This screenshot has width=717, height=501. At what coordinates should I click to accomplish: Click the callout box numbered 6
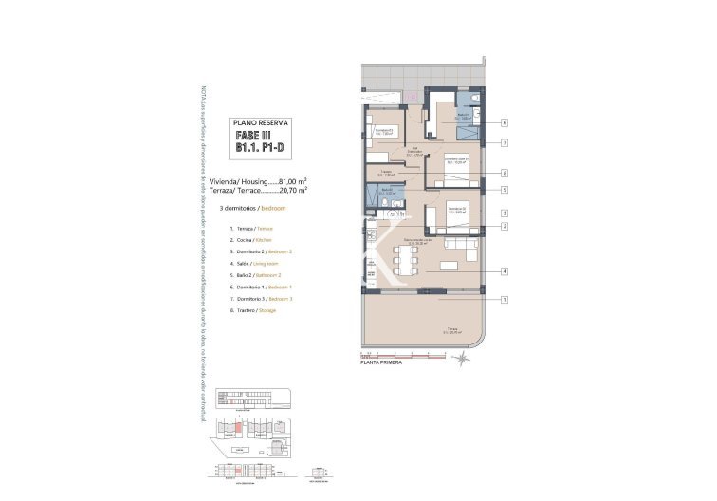point(506,122)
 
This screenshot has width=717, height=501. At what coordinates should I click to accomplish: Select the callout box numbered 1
point(506,300)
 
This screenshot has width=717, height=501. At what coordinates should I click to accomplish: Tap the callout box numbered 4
point(506,271)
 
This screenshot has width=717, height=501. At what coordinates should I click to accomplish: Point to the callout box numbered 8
point(506,173)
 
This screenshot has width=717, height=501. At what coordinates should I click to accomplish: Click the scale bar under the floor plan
point(408,353)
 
